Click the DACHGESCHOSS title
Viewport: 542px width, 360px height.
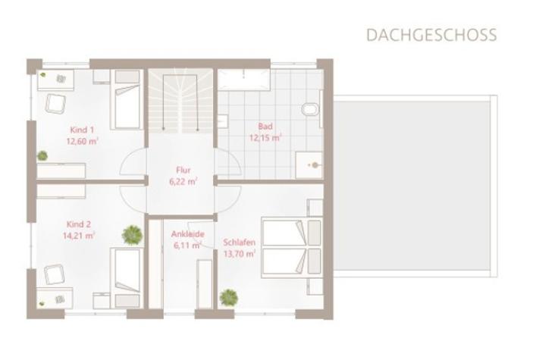[431, 35]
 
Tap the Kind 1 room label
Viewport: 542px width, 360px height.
[82, 130]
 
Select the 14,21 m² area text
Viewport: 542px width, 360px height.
[79, 236]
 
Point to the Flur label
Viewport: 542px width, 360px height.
[183, 170]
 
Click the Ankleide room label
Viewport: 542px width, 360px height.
[188, 234]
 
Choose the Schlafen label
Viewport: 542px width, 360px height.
[240, 243]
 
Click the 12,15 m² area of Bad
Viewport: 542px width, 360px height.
[265, 137]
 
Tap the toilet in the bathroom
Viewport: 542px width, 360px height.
[311, 109]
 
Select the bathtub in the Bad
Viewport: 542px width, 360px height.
[243, 80]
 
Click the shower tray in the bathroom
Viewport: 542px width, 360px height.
[309, 165]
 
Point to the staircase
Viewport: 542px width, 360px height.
[180, 101]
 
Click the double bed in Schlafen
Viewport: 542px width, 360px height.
[292, 247]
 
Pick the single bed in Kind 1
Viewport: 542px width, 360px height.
[127, 99]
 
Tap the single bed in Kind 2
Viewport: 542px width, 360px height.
[127, 277]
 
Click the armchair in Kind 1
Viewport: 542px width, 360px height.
[55, 103]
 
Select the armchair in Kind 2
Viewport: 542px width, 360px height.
[55, 274]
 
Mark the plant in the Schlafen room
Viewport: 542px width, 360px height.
[228, 297]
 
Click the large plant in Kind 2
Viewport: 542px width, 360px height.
[132, 235]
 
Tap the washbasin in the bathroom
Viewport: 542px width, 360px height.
[222, 121]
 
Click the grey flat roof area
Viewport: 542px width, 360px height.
[412, 186]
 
